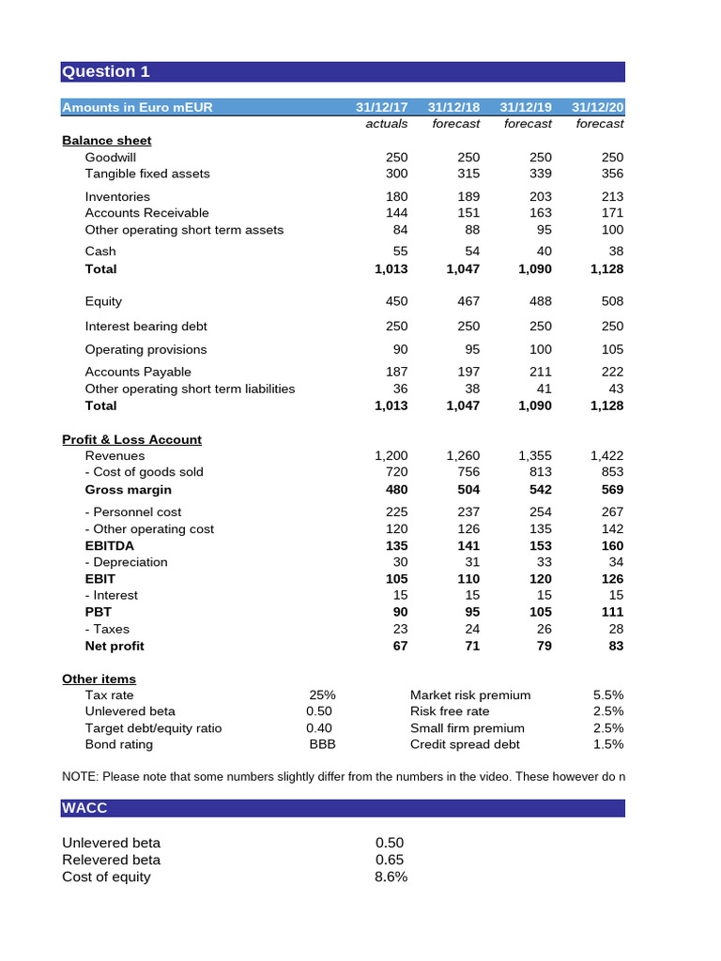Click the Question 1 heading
coord(105,72)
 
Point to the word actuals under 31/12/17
coord(386,124)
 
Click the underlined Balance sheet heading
coord(106,141)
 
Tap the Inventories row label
coord(117,196)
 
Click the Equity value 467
coord(468,301)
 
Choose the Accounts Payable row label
coord(138,372)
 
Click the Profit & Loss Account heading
coord(131,439)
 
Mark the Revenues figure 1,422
coord(606,455)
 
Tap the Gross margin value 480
coord(396,490)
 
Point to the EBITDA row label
coord(110,545)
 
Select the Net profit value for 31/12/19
coord(543,646)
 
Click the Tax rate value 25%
coord(322,695)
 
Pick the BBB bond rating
coord(322,744)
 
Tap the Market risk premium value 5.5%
coord(608,695)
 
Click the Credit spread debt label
coord(465,744)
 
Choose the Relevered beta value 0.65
coord(390,860)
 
